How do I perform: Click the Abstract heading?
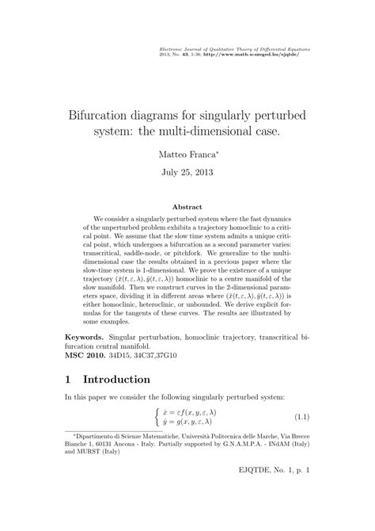pos(187,207)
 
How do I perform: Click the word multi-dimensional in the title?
pos(214,128)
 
